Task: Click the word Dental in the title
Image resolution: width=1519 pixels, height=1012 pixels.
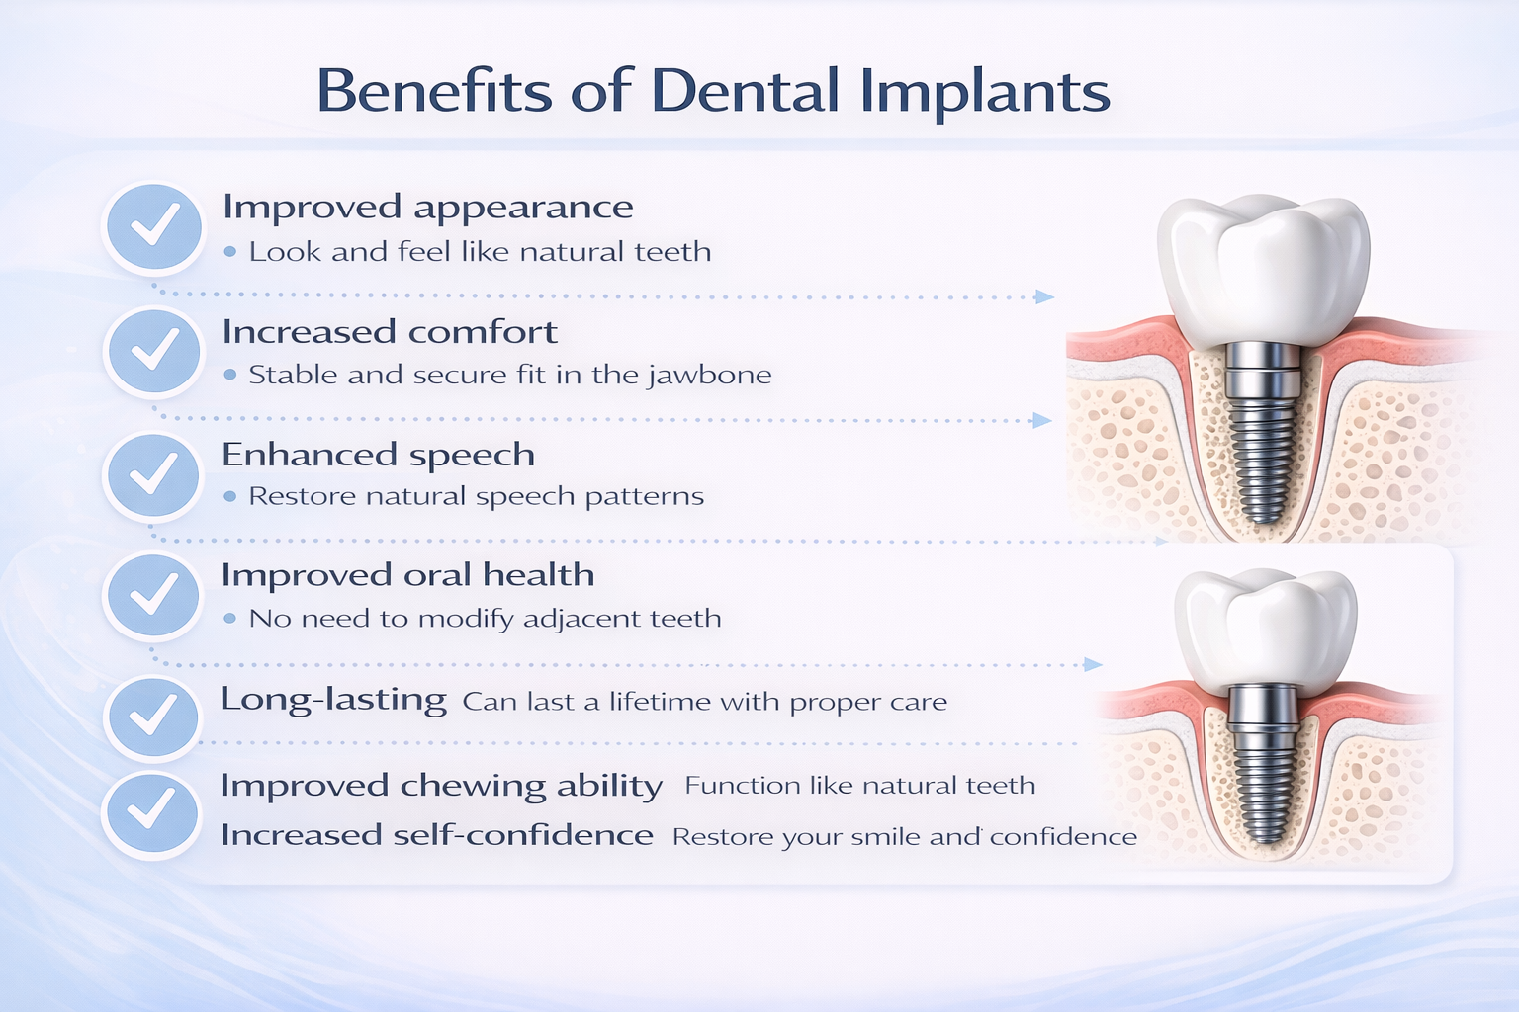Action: [x=745, y=91]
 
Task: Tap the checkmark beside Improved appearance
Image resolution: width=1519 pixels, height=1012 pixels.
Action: [x=153, y=226]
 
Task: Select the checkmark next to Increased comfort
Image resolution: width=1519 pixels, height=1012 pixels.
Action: [x=153, y=351]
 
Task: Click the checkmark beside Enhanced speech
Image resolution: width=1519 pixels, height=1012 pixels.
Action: [x=153, y=475]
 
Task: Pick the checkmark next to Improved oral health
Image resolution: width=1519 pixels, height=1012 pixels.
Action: [x=153, y=596]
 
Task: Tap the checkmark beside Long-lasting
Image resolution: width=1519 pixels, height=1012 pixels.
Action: [x=153, y=717]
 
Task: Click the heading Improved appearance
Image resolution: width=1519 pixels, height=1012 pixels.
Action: [x=427, y=208]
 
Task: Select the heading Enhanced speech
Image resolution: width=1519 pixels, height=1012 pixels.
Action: [x=378, y=455]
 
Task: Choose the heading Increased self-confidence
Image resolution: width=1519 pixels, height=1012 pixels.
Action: [x=436, y=835]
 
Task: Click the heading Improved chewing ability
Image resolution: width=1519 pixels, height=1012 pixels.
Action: [x=440, y=786]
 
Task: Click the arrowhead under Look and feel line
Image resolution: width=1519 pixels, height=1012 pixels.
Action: [x=1044, y=296]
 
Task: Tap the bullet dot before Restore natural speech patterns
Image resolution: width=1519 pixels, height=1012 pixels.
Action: [x=230, y=496]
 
